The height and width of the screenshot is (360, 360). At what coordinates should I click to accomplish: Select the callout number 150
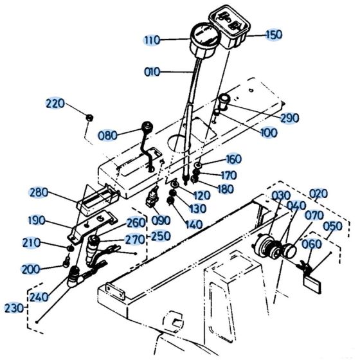click(274, 35)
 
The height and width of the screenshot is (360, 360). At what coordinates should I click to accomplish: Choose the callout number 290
click(290, 118)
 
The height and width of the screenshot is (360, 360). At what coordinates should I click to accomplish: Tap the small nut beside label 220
click(91, 117)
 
